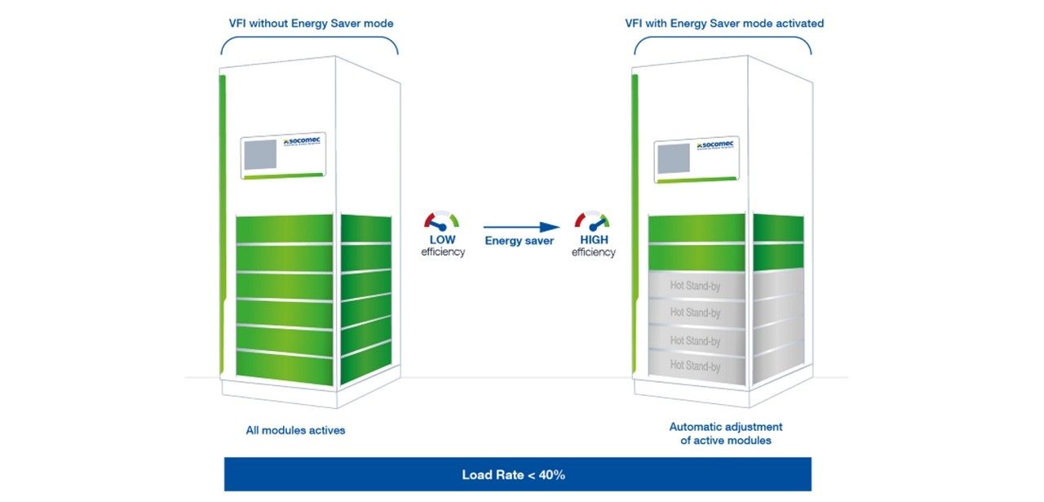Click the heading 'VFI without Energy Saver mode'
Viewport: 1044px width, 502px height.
[311, 24]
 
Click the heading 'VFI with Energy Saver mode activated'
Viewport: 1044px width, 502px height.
[723, 24]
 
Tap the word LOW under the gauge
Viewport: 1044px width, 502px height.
[443, 240]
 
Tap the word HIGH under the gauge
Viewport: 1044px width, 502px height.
[593, 240]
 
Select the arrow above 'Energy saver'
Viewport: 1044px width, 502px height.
[521, 227]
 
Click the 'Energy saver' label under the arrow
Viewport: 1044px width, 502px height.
[520, 241]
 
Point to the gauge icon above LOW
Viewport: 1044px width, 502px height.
[442, 220]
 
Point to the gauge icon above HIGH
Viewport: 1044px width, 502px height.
[592, 220]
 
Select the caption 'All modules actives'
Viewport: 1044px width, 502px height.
[295, 430]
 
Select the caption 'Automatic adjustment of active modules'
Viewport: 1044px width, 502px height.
[725, 433]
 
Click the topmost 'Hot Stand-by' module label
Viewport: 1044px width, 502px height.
[695, 286]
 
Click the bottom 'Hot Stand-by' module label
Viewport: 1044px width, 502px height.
[695, 367]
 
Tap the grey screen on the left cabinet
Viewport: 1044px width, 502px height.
[261, 156]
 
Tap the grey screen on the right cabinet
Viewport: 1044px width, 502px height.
[675, 160]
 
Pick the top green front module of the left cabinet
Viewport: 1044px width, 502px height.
[284, 229]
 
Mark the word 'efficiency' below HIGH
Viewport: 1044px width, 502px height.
[593, 253]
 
